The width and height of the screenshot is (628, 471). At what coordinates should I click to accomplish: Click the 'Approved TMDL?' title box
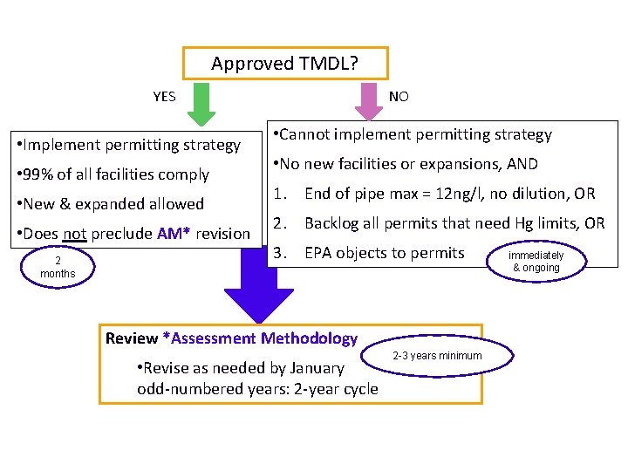point(285,64)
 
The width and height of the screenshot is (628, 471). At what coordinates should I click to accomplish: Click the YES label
point(164,97)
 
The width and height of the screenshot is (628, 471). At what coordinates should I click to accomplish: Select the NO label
point(399,97)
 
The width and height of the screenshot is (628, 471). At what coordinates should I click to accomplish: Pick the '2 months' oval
point(58,267)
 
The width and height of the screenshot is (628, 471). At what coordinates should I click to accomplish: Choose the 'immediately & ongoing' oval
point(536,261)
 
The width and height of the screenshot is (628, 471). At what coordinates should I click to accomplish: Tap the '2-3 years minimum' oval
point(437,356)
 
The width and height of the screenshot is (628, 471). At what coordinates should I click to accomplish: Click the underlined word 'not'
point(74,234)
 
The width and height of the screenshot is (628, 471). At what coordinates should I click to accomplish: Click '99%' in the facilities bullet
point(38,174)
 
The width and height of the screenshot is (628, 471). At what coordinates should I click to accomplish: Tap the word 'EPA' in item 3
point(319,253)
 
